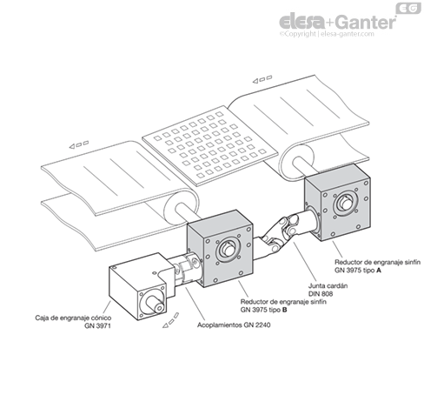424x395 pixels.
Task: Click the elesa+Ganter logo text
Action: click(338, 21)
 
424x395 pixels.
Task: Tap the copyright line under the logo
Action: click(327, 34)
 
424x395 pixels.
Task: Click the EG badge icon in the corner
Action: click(408, 8)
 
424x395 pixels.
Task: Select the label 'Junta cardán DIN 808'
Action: click(328, 290)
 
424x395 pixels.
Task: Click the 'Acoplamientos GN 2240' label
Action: click(234, 325)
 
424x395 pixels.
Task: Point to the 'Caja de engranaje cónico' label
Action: click(73, 318)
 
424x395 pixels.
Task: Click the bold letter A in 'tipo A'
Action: click(379, 270)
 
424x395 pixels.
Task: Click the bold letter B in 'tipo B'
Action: click(284, 310)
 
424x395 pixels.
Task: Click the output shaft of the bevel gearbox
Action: click(156, 305)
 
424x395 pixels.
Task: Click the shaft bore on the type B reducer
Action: click(229, 249)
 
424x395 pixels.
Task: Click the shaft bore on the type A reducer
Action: click(345, 202)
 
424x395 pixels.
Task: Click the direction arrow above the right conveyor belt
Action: click(262, 79)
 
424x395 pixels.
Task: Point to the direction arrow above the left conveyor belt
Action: click(79, 144)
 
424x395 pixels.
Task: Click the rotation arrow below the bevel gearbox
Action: click(171, 321)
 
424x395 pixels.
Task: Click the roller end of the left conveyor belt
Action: click(181, 208)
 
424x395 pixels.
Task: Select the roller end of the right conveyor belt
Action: click(296, 162)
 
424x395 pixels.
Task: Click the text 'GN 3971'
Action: click(97, 325)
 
